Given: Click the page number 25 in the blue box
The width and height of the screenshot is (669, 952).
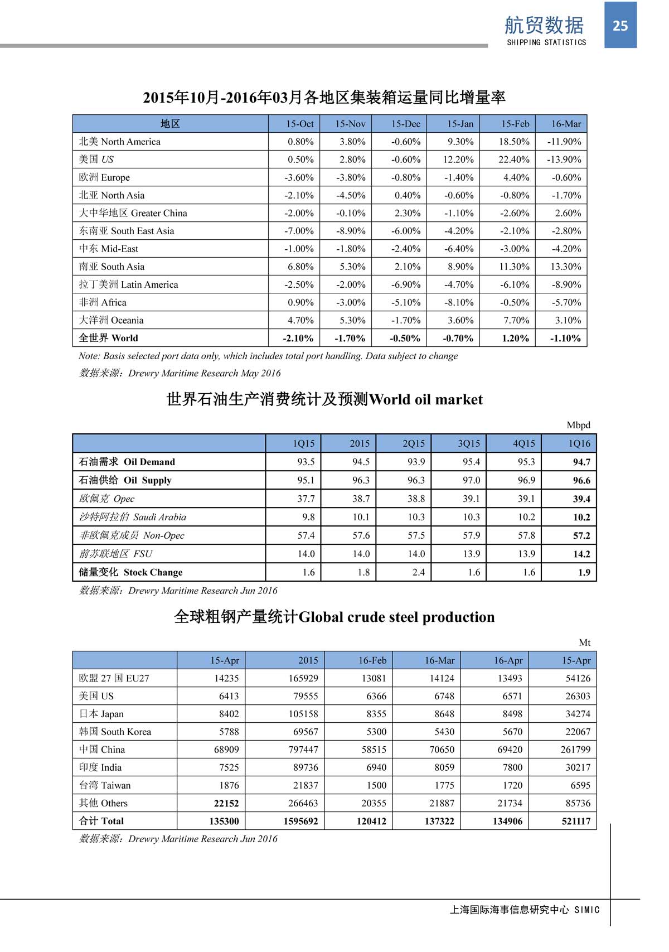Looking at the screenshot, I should [x=620, y=26].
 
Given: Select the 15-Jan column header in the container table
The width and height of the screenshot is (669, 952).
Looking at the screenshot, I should [x=460, y=124].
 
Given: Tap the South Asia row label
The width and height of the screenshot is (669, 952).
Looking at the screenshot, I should [x=111, y=267].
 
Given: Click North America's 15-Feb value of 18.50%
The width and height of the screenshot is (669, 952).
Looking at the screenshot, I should [x=514, y=142].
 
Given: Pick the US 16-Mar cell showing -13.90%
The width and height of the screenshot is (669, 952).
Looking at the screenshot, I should [x=564, y=160].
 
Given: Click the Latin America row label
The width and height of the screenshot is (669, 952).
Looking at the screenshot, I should [x=128, y=284].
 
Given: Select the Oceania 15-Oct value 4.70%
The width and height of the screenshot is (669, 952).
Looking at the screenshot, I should [x=300, y=320].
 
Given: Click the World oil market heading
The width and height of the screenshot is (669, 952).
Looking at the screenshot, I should [x=324, y=399].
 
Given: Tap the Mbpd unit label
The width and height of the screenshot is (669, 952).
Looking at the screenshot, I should [x=578, y=425].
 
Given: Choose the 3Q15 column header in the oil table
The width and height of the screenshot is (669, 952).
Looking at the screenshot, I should [x=469, y=443].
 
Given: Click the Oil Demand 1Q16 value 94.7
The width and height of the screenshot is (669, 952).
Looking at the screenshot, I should [x=581, y=462].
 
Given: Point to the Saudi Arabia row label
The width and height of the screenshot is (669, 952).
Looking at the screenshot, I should [x=133, y=517].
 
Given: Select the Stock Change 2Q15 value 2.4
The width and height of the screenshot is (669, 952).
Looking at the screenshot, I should [x=418, y=572].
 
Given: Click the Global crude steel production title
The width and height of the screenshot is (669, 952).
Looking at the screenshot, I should [x=334, y=617].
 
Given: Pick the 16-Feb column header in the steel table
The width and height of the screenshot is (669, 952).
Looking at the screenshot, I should [x=372, y=660].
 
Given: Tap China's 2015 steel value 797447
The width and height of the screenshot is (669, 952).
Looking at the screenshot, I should [x=303, y=750].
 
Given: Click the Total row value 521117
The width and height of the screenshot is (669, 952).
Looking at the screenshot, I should [x=576, y=821].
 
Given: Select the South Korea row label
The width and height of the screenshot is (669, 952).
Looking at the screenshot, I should [x=115, y=732].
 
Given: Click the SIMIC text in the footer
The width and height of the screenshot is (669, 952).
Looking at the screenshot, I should [x=586, y=910].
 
